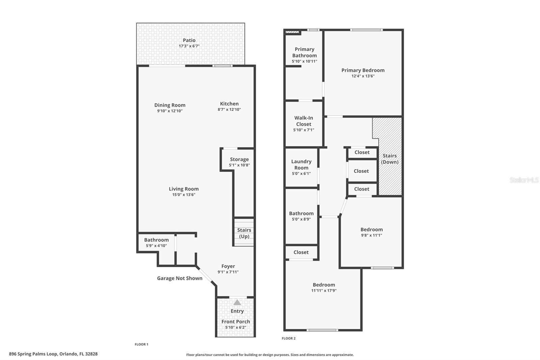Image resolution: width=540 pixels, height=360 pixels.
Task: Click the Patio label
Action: [x=189, y=40]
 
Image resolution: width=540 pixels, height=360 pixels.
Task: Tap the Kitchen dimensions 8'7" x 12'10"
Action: [x=229, y=109]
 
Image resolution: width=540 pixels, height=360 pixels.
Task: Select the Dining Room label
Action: [x=170, y=105]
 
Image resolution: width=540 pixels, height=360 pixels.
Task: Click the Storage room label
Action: [x=239, y=159]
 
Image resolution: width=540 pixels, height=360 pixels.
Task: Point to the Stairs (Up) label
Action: [x=244, y=233]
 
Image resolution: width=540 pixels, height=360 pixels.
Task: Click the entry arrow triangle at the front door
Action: [x=237, y=302]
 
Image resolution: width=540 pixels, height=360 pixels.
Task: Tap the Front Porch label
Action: [x=236, y=322]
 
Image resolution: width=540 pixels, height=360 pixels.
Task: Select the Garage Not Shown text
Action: [x=180, y=278]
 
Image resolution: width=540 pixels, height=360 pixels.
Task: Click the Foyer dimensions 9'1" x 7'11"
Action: [x=228, y=272]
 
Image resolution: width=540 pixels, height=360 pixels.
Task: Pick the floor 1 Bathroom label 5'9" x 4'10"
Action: [x=156, y=242]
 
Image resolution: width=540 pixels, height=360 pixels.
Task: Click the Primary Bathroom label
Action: [x=304, y=52]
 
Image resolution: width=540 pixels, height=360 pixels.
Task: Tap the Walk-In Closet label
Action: [x=304, y=121]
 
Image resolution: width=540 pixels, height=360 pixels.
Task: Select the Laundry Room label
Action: [x=301, y=164]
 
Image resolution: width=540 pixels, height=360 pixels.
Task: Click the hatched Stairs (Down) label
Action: [x=390, y=159]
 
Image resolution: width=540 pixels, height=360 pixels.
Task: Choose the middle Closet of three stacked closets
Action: [x=361, y=171]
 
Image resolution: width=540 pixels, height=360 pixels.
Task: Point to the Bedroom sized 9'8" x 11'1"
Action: [x=371, y=232]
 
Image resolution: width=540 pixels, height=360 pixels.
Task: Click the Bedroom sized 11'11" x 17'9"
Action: [x=324, y=287]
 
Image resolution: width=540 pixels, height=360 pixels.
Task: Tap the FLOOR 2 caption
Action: [x=289, y=338]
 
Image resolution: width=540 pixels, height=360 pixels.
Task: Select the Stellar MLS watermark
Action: [x=524, y=180]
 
